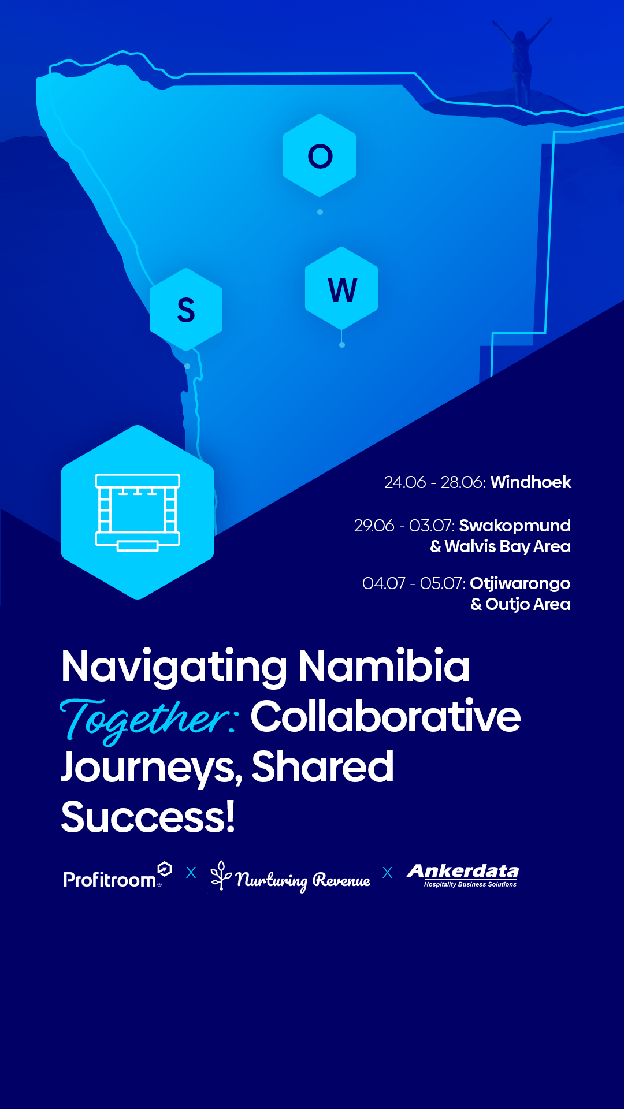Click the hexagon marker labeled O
pyautogui.click(x=320, y=155)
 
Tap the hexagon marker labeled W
pyautogui.click(x=341, y=288)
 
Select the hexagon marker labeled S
pyautogui.click(x=186, y=310)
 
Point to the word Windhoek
pyautogui.click(x=531, y=482)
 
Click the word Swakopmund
pyautogui.click(x=515, y=526)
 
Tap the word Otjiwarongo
pyautogui.click(x=520, y=584)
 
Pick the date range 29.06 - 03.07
pyautogui.click(x=404, y=526)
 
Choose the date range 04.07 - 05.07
pyautogui.click(x=413, y=583)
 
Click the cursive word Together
pyautogui.click(x=149, y=719)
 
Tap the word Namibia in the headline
pyautogui.click(x=384, y=667)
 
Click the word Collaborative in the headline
pyautogui.click(x=385, y=717)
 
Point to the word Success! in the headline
pyautogui.click(x=148, y=817)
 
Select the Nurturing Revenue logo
pyautogui.click(x=290, y=877)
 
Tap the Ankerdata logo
pyautogui.click(x=463, y=874)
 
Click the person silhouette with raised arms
pyautogui.click(x=521, y=61)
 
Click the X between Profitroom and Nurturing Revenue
pyautogui.click(x=191, y=873)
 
